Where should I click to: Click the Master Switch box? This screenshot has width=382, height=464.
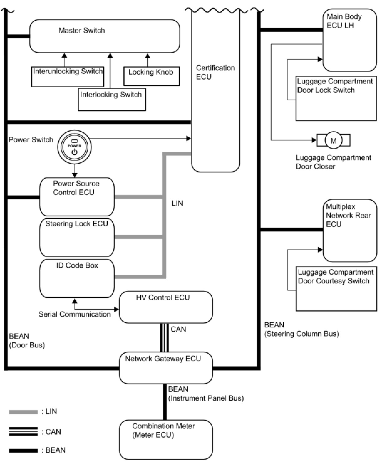[x=105, y=36]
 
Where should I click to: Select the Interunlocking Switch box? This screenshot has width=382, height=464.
[x=68, y=77]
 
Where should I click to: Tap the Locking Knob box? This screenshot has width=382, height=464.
[x=151, y=76]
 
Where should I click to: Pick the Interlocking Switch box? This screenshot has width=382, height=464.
[x=112, y=99]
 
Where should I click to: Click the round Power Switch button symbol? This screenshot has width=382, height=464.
[x=74, y=147]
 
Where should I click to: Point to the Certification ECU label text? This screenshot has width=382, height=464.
[x=215, y=72]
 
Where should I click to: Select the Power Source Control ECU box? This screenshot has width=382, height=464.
[x=77, y=197]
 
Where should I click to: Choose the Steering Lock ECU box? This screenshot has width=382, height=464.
[x=77, y=237]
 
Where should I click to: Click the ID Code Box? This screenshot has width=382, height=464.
[x=77, y=278]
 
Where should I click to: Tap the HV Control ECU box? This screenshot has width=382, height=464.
[x=166, y=307]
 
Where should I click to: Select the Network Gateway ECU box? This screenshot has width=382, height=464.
[x=166, y=368]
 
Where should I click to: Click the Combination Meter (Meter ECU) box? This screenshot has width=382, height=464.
[x=166, y=439]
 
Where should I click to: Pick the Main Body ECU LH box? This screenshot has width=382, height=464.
[x=349, y=40]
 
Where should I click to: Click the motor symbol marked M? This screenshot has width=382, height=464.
[x=333, y=140]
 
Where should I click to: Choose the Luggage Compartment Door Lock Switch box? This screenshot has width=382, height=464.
[x=336, y=98]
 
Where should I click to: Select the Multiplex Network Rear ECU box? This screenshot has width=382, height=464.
[x=350, y=230]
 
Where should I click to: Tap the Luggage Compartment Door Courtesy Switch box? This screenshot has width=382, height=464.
[x=336, y=289]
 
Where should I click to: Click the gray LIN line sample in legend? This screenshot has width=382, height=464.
[x=23, y=412]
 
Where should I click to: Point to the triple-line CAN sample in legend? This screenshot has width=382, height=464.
[x=23, y=431]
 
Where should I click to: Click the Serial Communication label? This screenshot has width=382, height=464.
[x=75, y=314]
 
